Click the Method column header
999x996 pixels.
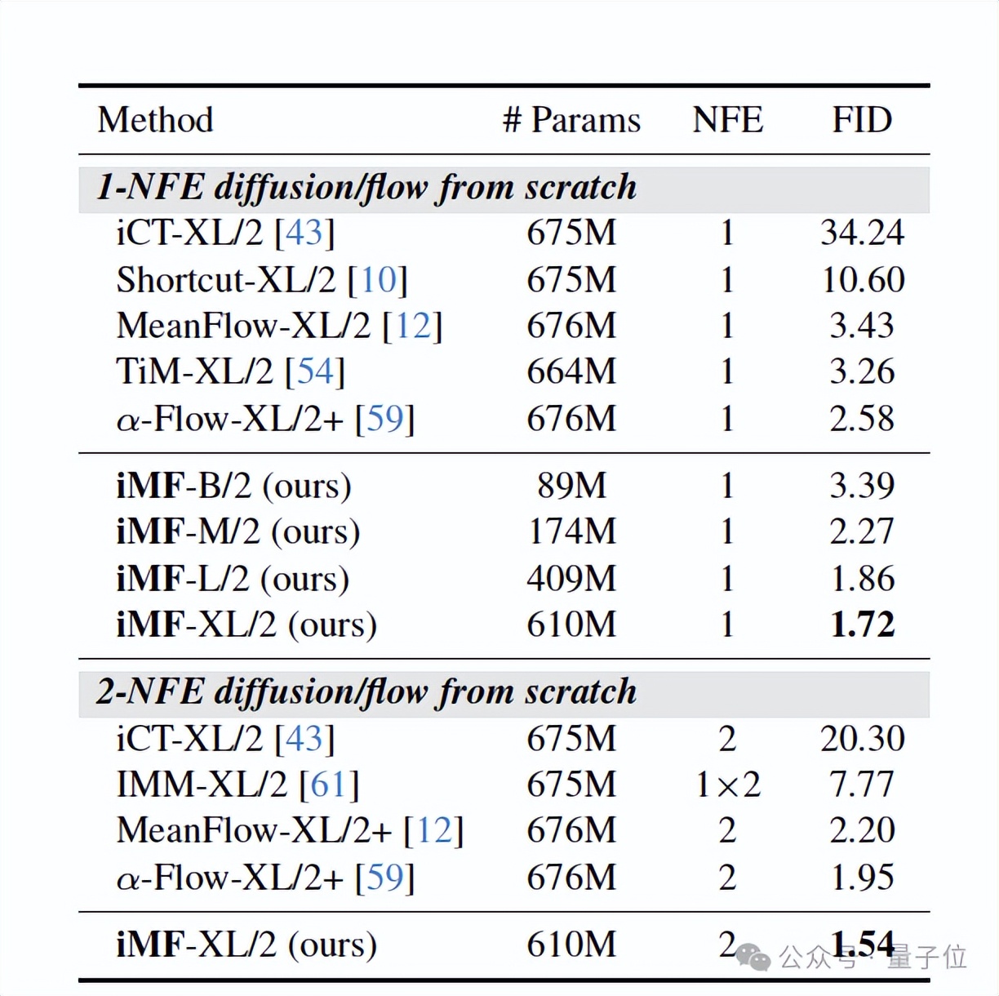coord(155,120)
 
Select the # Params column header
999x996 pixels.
coord(571,120)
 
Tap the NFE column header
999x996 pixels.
coord(727,120)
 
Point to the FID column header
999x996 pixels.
coord(862,120)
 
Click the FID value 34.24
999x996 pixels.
coord(862,233)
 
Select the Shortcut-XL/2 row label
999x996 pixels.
coord(226,280)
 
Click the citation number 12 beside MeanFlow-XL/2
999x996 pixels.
coord(413,326)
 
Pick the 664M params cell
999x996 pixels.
coord(571,371)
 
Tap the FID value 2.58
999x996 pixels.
coord(862,418)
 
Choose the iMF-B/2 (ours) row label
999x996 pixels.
coord(233,486)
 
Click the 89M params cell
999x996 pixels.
coord(571,486)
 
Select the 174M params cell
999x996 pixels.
coord(571,531)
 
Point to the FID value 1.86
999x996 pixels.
coord(862,578)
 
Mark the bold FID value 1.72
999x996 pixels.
coord(862,625)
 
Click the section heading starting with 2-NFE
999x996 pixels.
coord(366,692)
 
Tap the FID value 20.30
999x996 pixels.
coord(862,739)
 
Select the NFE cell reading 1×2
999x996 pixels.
coord(727,785)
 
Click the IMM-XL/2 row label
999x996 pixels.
coord(202,785)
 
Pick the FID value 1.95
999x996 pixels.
coord(862,878)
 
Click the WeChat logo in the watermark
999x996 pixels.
coord(753,957)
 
